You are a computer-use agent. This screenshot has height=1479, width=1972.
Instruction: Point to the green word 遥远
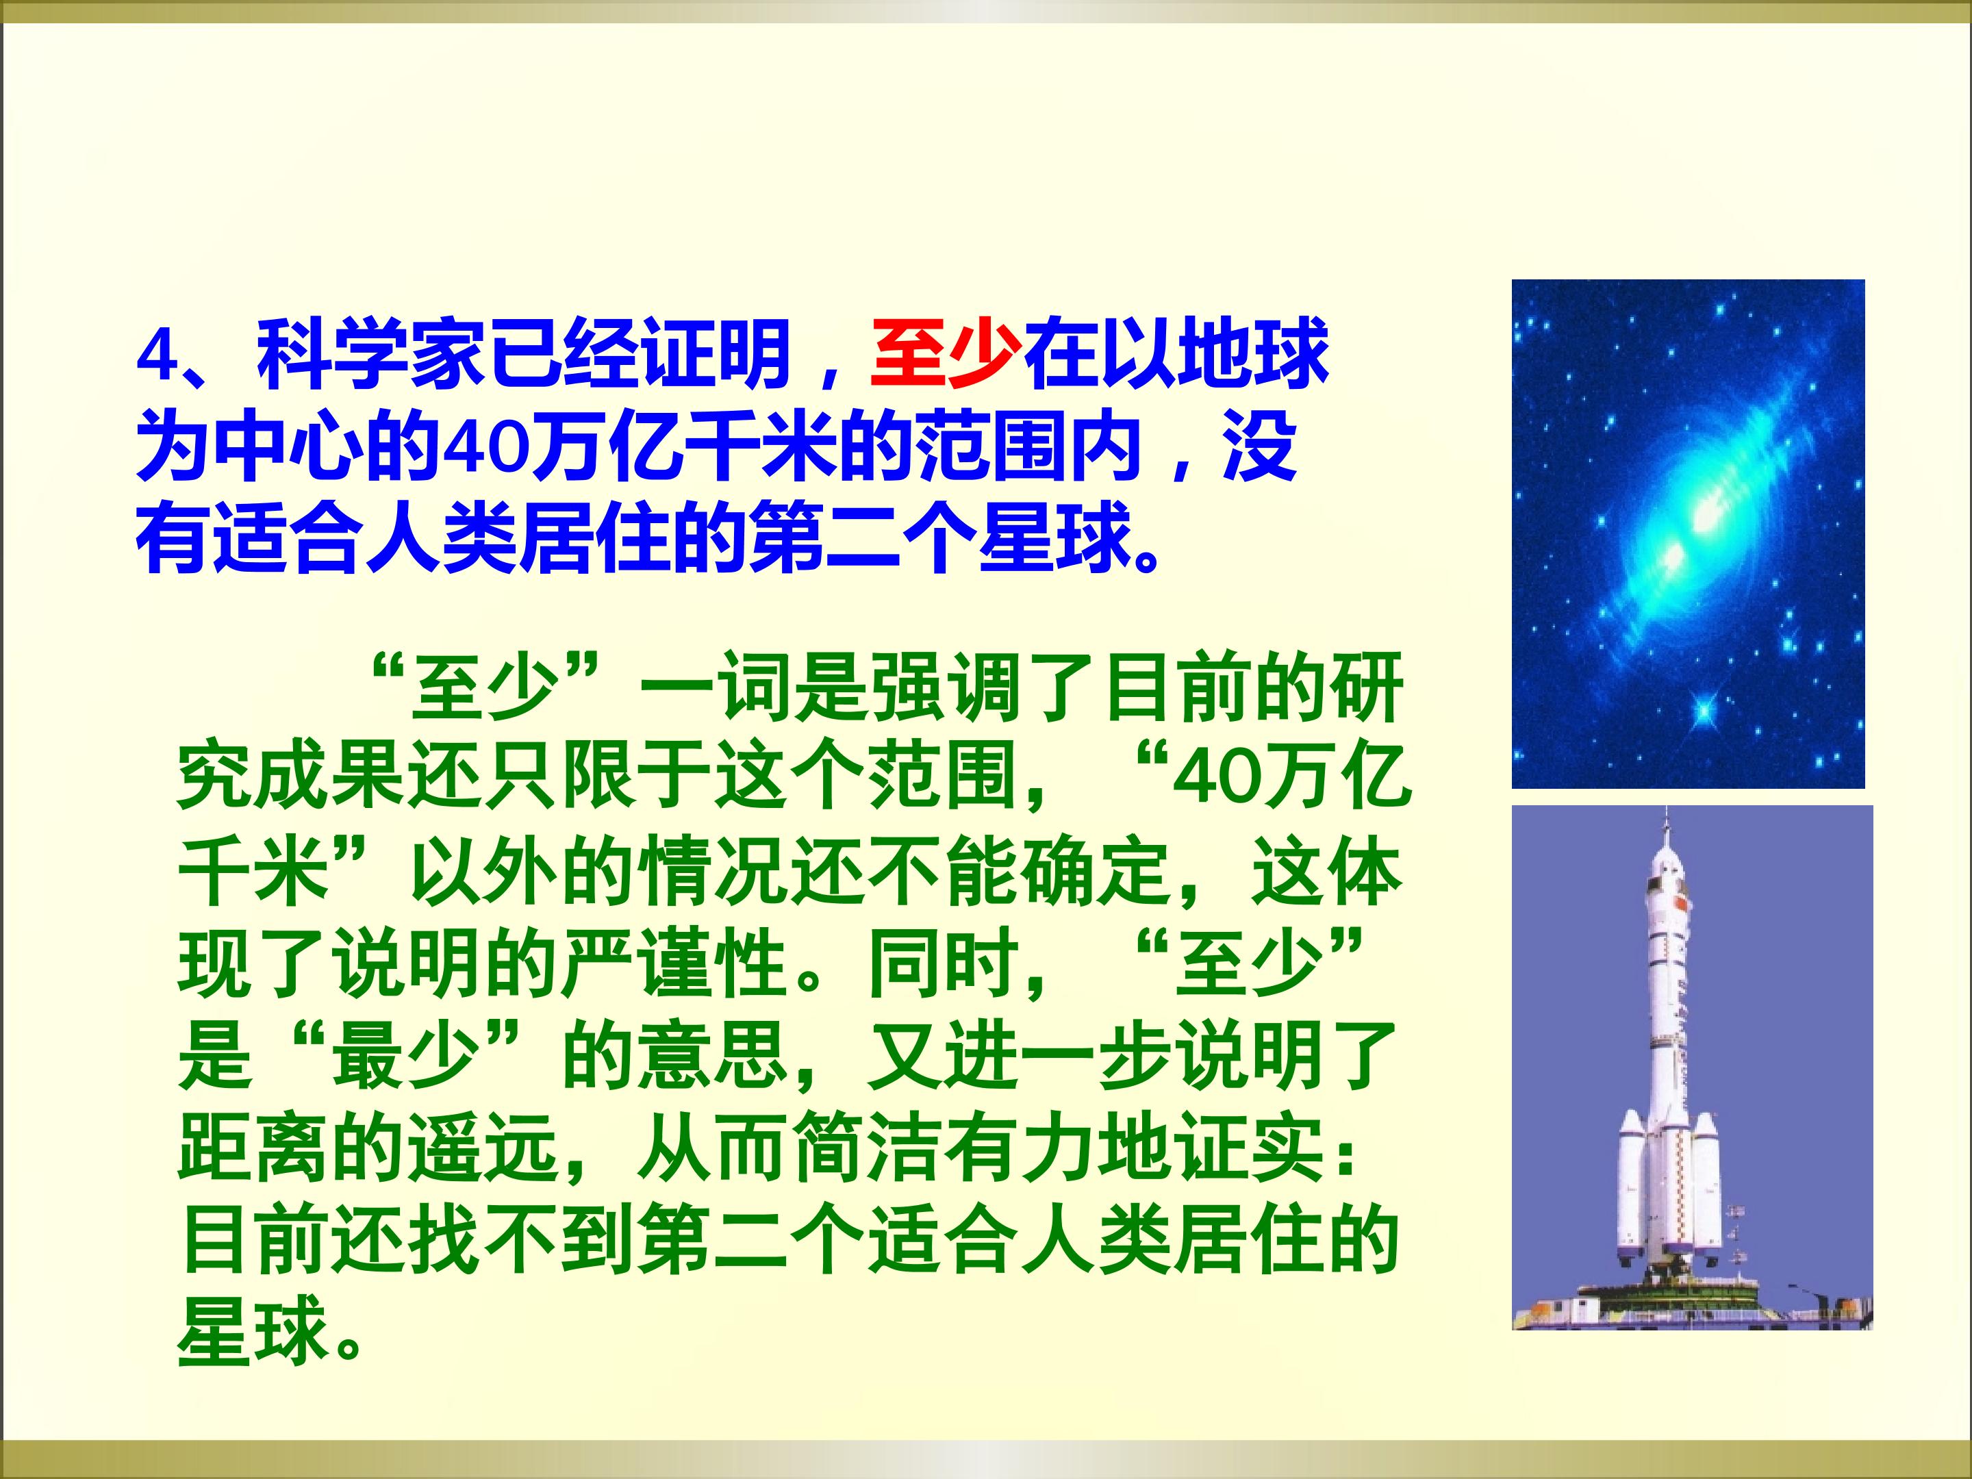pyautogui.click(x=485, y=1148)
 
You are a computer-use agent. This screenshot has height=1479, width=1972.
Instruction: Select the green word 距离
pyautogui.click(x=255, y=1148)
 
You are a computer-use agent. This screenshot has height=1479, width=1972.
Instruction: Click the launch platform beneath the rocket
pyautogui.click(x=1692, y=1311)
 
